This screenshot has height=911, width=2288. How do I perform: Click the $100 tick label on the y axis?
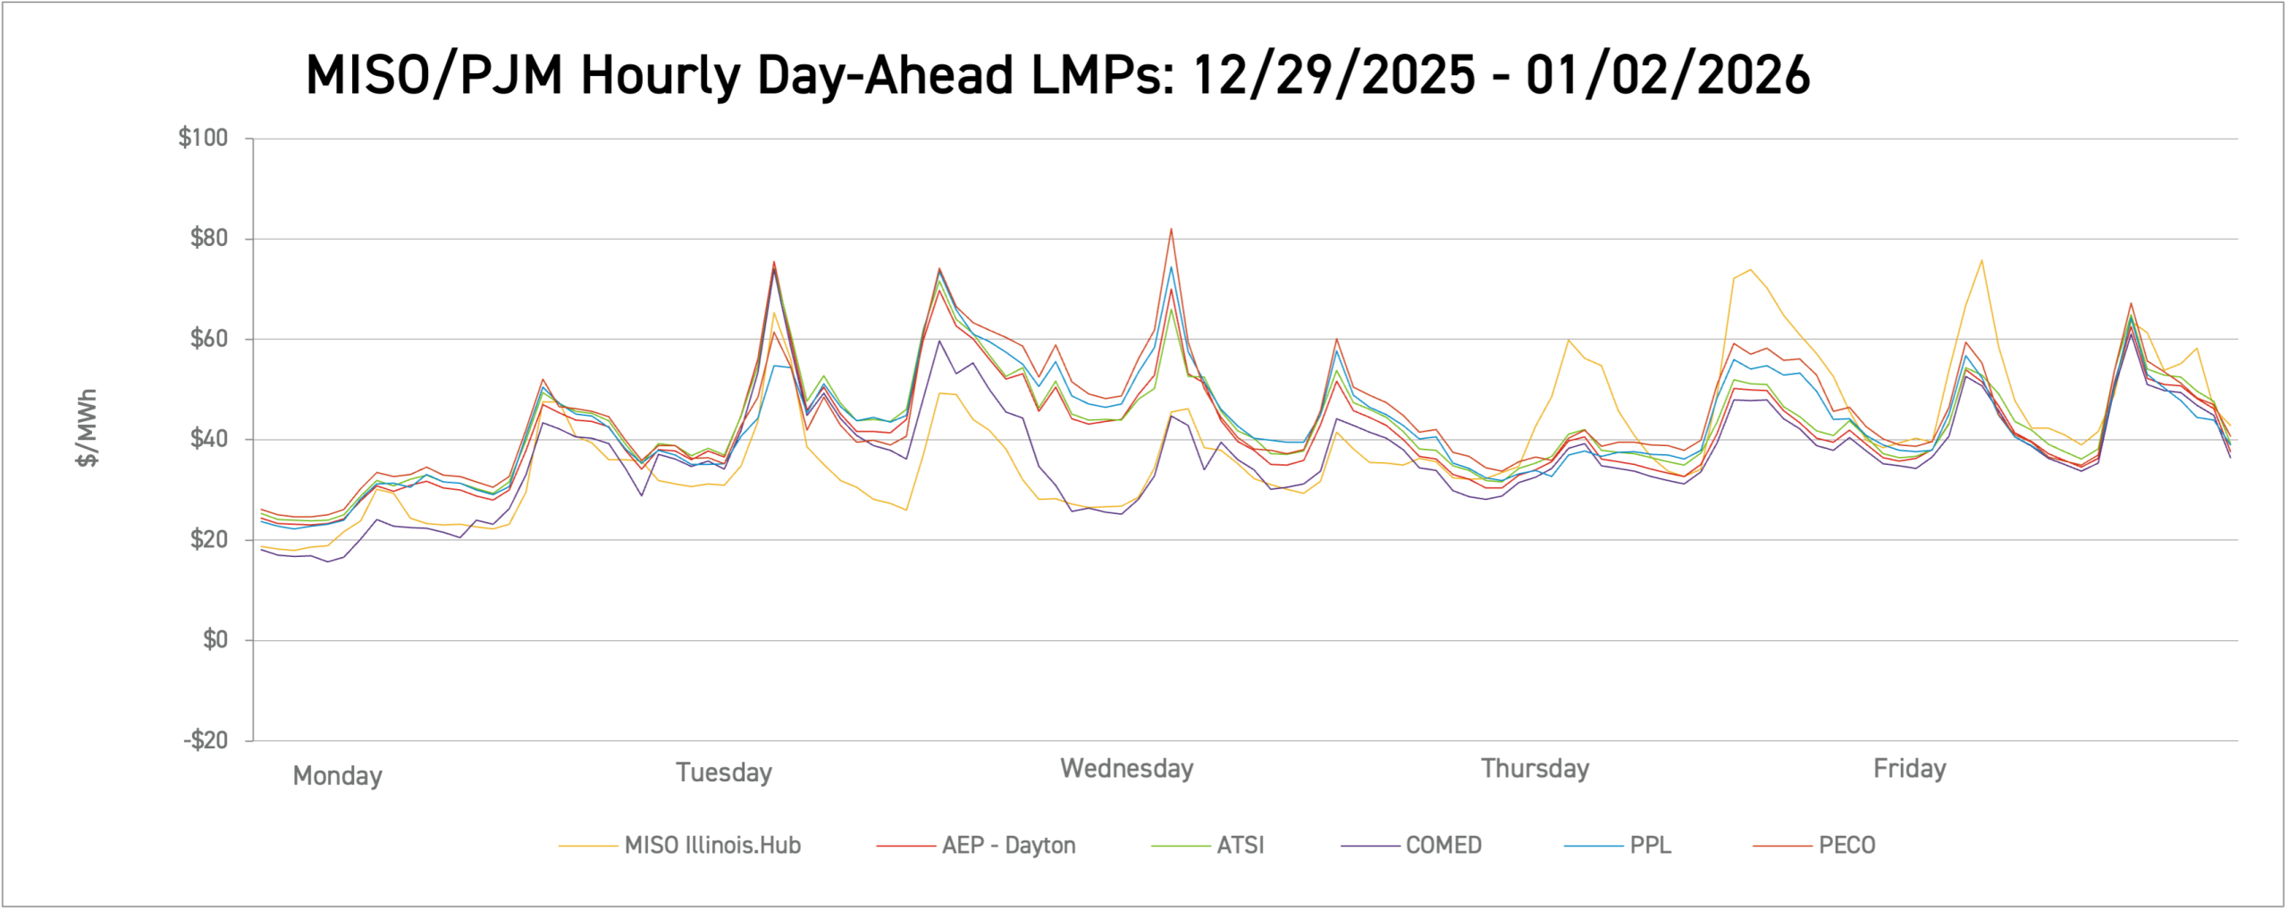203,138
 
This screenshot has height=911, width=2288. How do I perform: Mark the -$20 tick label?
206,740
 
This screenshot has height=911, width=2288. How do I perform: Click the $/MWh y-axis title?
87,427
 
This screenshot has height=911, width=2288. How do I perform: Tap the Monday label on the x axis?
337,775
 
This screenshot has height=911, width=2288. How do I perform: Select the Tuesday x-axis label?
723,772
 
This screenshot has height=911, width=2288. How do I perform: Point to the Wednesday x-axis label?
1126,768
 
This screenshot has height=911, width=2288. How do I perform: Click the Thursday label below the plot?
1535,768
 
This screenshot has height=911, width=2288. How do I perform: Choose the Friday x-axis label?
1909,768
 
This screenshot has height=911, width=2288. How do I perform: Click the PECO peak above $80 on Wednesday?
1171,229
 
